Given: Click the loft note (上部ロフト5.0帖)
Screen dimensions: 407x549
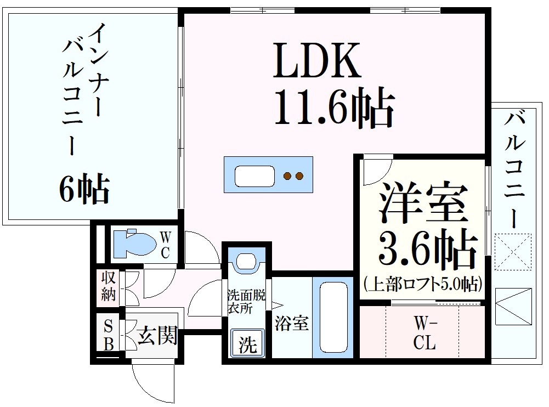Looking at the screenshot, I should (423, 284).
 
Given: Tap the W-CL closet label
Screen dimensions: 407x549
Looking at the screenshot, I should (425, 335).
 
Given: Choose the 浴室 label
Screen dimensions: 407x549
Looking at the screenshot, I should (291, 323).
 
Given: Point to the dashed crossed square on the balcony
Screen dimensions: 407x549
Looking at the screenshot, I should (512, 252).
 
